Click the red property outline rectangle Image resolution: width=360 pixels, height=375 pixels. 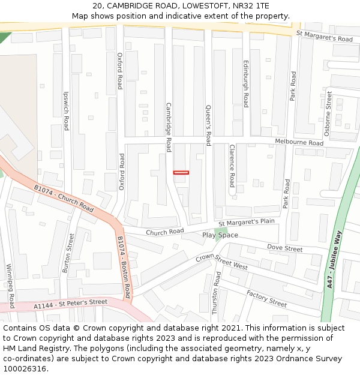coord(181,173)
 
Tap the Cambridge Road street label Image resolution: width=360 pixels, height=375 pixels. coord(169,127)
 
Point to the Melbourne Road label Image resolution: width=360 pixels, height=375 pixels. coord(299,143)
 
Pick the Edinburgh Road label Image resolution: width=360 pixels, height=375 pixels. coord(246,83)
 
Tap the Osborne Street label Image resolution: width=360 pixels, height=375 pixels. coord(328,113)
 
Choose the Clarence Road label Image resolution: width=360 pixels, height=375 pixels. coord(232,166)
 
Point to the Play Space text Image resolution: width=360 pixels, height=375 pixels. coord(220,235)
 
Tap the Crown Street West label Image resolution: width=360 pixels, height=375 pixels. coord(222,261)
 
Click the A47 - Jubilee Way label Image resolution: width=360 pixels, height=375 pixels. coord(334,260)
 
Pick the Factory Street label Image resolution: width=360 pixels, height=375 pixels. coord(266,298)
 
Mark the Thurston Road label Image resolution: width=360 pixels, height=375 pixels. coord(218,292)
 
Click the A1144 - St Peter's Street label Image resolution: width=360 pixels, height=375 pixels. coord(70,305)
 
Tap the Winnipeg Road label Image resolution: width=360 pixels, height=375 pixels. coord(10,286)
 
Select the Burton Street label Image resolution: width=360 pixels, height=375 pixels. coord(67,253)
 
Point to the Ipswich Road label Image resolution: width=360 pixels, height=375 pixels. coord(67,111)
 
